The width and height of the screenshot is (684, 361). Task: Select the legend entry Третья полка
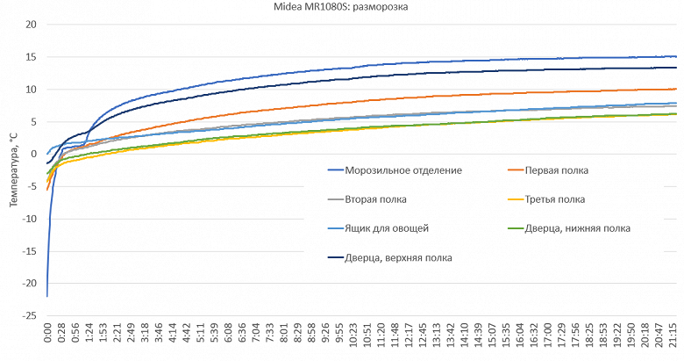556,199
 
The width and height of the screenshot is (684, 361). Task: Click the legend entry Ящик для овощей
387,228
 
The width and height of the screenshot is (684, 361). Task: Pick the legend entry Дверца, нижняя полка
575,228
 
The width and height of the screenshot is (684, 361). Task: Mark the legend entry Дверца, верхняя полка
399,257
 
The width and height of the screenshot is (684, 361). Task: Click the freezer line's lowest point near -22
47,296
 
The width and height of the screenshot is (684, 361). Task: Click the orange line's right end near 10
675,89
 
